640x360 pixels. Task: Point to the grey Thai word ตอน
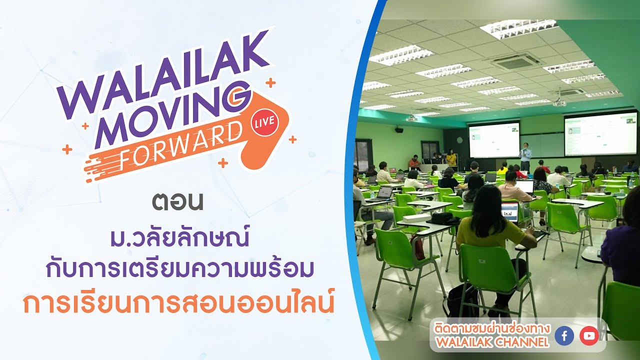coord(177,202)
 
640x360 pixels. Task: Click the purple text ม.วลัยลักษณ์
coord(179,237)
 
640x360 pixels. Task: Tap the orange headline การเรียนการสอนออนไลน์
coord(179,303)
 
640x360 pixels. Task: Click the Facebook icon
coord(564,336)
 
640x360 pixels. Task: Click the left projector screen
coord(494,140)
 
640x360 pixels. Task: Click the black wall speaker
coord(399,130)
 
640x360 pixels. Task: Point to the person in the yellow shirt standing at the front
coord(451,157)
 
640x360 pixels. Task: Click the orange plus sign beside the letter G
coord(270,83)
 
